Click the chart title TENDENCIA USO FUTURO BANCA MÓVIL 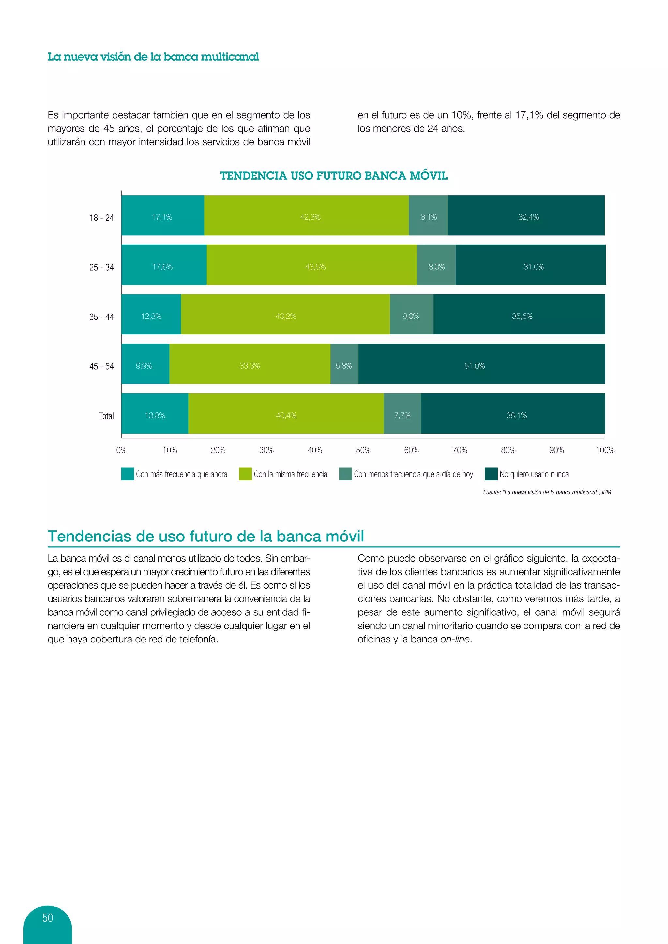tap(334, 176)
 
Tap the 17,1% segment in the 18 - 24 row tap(162, 215)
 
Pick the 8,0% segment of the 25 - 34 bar tap(436, 265)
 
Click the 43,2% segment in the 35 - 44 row tap(285, 315)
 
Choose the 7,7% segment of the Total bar tap(402, 414)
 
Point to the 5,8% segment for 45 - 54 tap(344, 364)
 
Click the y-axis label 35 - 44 tap(101, 317)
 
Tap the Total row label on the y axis tap(106, 416)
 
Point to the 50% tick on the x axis tap(363, 450)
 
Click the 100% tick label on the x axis tap(604, 450)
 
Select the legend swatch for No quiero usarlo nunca tap(491, 474)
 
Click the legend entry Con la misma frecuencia tap(290, 474)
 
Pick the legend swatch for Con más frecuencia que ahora tap(128, 474)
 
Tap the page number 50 tap(48, 918)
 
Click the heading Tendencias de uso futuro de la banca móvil tap(206, 536)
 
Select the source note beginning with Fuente tap(547, 492)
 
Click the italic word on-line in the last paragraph tap(454, 639)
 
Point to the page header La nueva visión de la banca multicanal tap(153, 57)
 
